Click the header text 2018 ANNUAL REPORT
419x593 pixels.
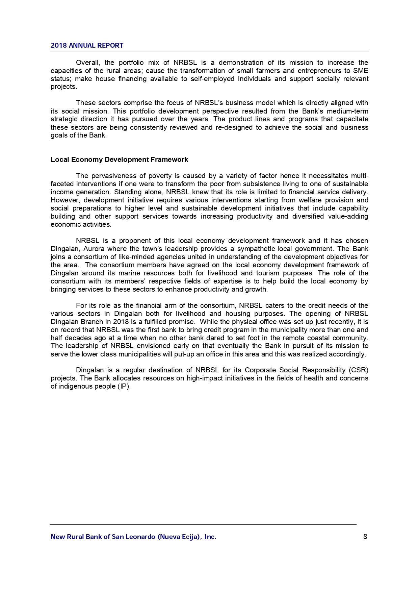click(87, 46)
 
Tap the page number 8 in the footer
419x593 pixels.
click(365, 537)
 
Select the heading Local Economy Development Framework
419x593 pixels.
click(119, 159)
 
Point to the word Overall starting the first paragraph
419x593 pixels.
click(88, 63)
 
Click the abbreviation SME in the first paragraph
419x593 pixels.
click(361, 71)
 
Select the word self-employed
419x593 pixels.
click(214, 79)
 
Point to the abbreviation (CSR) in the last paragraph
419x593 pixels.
click(359, 370)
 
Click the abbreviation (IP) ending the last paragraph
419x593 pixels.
click(124, 387)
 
